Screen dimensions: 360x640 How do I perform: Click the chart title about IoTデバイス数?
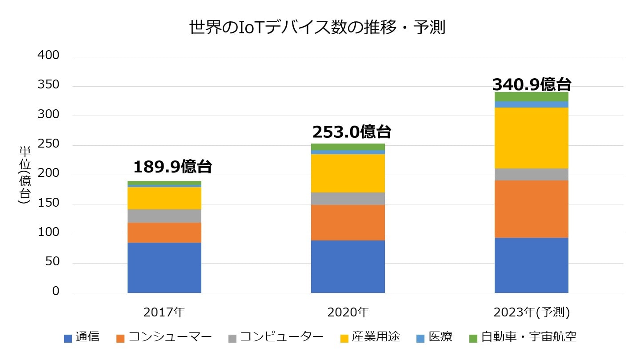(x=317, y=28)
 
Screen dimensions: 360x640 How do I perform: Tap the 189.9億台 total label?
(x=172, y=167)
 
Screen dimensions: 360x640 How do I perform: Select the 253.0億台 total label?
(x=352, y=132)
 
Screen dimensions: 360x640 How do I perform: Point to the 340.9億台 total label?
(x=532, y=84)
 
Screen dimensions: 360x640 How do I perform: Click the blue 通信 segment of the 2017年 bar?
(x=164, y=268)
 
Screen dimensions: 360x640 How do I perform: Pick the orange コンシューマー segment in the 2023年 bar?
(x=532, y=209)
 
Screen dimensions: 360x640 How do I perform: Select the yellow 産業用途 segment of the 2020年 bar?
(x=348, y=173)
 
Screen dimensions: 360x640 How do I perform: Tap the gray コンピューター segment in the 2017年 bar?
(x=164, y=216)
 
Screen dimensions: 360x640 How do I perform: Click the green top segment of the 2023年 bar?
(x=532, y=96)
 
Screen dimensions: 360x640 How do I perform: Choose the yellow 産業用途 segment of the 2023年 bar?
(x=532, y=138)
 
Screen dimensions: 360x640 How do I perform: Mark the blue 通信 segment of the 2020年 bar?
(x=348, y=266)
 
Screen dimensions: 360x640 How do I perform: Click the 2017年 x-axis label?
(x=164, y=312)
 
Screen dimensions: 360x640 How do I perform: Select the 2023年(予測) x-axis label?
(x=532, y=312)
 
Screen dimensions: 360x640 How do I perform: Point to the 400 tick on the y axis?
(x=49, y=56)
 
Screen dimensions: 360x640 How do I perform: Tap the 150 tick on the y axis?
(x=49, y=204)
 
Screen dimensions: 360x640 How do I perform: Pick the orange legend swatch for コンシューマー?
(x=120, y=338)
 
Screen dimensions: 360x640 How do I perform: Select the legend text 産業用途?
(x=376, y=337)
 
